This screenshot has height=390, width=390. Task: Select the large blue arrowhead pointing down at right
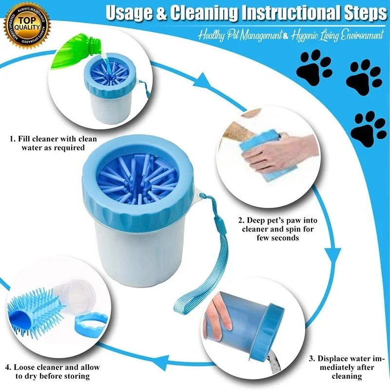click(x=332, y=254)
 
